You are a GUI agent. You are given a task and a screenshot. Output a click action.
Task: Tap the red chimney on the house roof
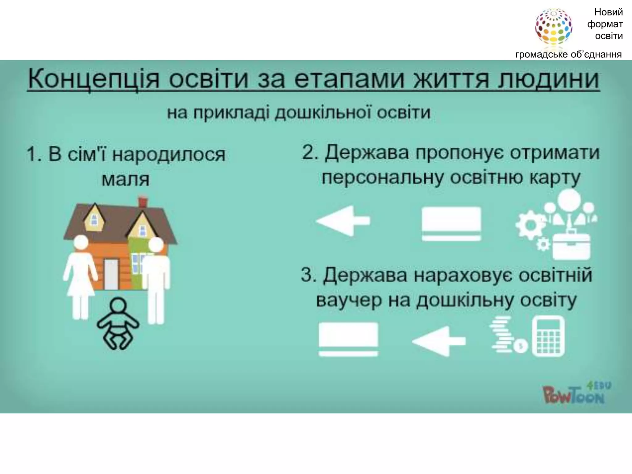[143, 202]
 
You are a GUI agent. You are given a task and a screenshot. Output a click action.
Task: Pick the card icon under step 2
[451, 223]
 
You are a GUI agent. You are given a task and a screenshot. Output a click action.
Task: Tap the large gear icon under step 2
[530, 226]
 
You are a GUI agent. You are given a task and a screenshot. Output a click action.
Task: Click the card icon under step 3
[348, 339]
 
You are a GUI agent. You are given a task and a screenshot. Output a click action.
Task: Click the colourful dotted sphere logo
[553, 27]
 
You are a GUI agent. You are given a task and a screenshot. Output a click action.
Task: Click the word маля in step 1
[126, 179]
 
